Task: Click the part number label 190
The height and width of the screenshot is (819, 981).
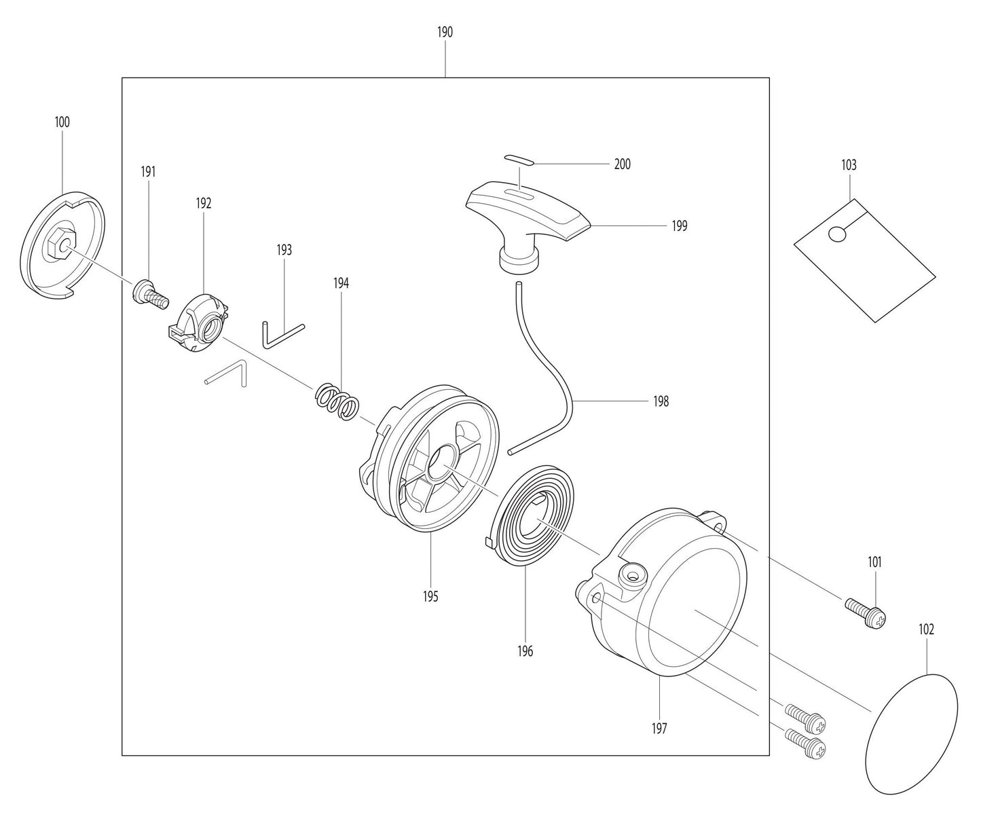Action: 445,32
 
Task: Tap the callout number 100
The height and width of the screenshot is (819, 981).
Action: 62,122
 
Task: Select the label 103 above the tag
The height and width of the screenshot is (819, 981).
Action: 849,165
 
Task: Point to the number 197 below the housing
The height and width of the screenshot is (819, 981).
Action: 659,729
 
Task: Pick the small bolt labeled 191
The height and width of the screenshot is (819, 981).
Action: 149,294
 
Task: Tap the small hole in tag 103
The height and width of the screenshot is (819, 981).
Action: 838,234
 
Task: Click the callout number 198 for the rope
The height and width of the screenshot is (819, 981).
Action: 660,401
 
